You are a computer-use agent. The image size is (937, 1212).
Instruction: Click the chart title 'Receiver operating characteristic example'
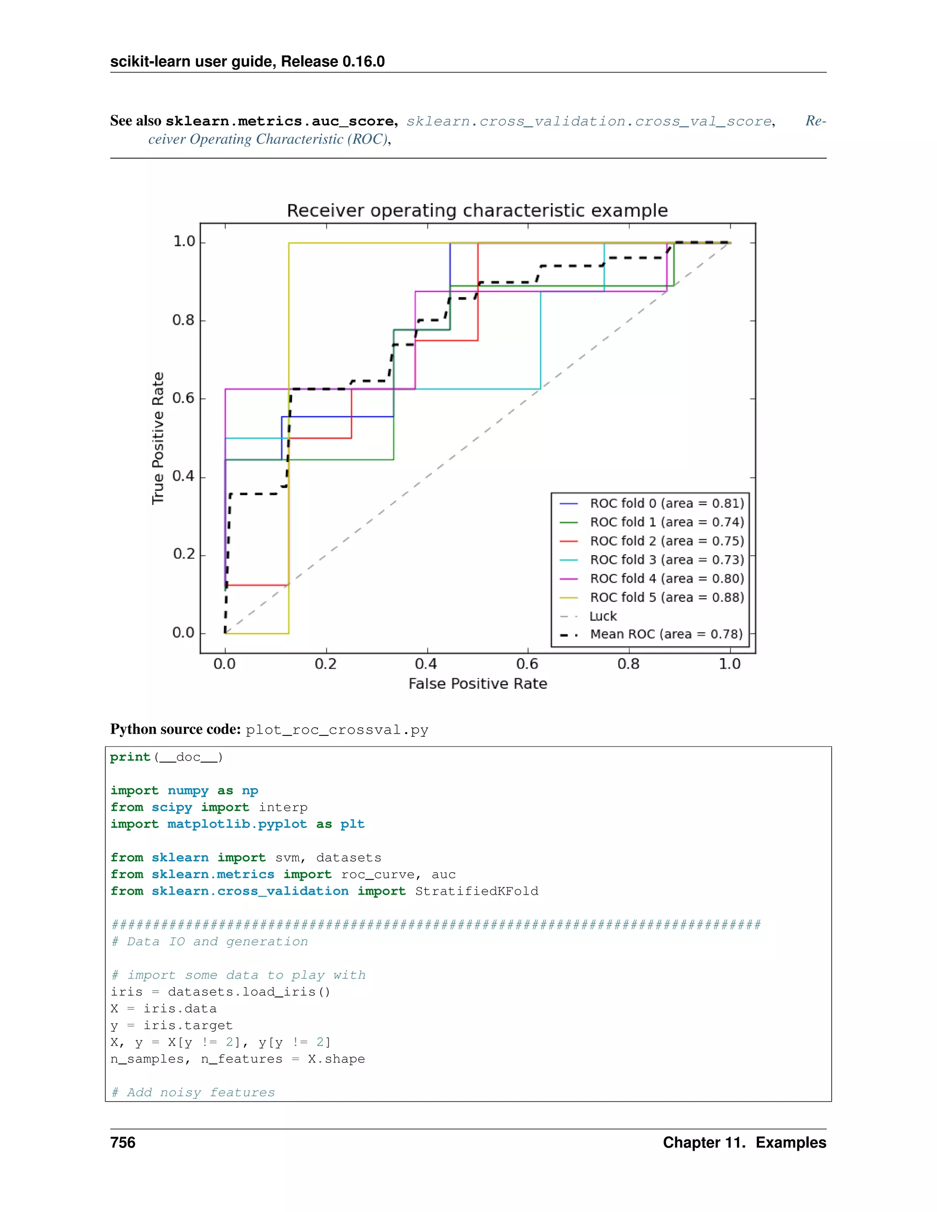tap(477, 211)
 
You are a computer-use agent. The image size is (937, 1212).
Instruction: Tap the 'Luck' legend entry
tap(603, 617)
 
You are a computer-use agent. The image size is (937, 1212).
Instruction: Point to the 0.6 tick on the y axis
tap(183, 398)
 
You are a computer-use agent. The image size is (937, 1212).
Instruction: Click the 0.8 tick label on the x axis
tap(628, 664)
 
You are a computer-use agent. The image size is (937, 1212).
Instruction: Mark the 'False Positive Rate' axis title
tap(477, 684)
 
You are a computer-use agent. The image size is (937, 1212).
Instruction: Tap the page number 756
tap(123, 1142)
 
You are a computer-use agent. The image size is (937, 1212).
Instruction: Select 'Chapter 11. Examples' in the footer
tap(744, 1142)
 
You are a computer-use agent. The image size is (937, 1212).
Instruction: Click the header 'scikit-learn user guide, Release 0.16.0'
tap(247, 62)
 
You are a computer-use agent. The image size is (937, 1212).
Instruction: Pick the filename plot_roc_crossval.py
tap(337, 730)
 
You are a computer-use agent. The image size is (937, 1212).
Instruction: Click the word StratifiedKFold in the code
tap(476, 891)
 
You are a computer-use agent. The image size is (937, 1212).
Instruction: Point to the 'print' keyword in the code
tap(130, 757)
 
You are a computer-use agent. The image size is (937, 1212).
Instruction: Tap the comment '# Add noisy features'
tap(193, 1093)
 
